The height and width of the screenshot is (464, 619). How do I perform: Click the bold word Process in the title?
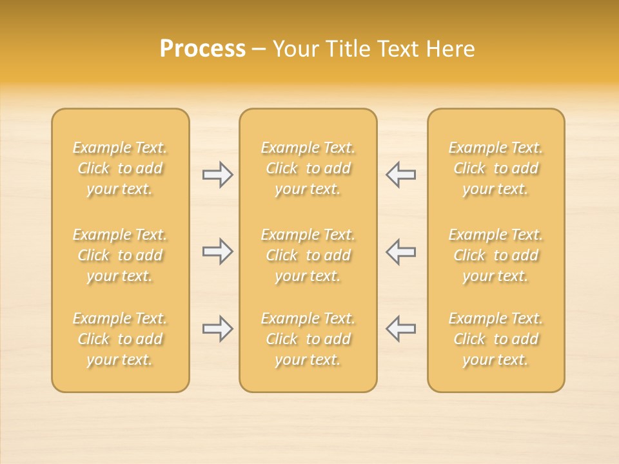click(202, 49)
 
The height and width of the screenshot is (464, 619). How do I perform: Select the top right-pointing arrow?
click(218, 175)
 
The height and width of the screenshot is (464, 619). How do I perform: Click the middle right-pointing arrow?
click(218, 251)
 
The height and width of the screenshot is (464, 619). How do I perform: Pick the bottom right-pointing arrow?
click(218, 329)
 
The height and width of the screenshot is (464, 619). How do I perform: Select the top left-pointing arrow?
click(401, 175)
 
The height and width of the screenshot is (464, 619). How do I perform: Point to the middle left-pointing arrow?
click(401, 251)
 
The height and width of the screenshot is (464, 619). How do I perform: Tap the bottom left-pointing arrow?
click(401, 329)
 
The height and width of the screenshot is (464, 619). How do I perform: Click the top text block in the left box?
click(120, 168)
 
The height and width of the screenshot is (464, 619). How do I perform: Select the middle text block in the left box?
click(120, 255)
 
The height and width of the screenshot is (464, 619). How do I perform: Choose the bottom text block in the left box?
click(120, 339)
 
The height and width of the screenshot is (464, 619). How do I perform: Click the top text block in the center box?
click(308, 168)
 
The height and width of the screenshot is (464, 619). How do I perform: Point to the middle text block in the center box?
click(308, 255)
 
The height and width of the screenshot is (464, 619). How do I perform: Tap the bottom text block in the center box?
click(308, 339)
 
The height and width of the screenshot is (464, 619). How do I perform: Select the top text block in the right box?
click(496, 168)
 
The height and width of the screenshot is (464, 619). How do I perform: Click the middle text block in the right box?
click(496, 255)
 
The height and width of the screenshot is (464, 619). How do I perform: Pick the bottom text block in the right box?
click(496, 339)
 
